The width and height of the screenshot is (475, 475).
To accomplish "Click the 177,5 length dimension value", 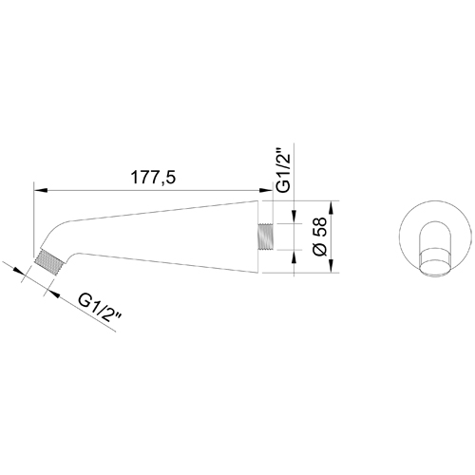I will click(x=149, y=178).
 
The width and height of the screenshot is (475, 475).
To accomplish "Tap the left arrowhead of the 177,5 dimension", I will click(x=39, y=189).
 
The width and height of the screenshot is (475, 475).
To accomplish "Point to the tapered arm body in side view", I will click(x=171, y=234).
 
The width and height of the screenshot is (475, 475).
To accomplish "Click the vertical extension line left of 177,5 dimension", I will click(x=34, y=218).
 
